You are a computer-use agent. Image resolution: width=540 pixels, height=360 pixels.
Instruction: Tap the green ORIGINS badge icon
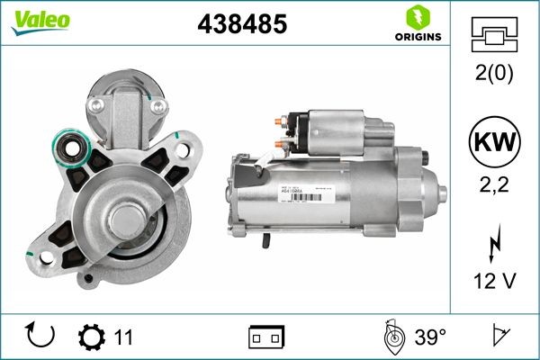pos(417,17)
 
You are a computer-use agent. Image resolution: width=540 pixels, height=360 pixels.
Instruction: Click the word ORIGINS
pos(417,37)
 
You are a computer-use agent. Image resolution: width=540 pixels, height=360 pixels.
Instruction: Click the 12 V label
pos(495,283)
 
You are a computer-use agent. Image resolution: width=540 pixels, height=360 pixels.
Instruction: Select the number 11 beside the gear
pos(123,337)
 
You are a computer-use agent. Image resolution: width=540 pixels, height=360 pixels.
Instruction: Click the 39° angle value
pos(430,337)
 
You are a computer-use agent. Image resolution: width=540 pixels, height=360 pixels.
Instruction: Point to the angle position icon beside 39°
pos(391,337)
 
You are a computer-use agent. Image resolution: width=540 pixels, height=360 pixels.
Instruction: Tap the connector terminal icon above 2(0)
pos(495,37)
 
